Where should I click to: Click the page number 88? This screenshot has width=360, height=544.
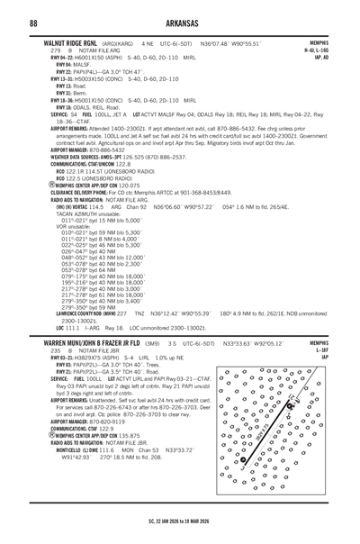[32, 23]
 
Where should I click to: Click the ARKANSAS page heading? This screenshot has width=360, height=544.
[180, 23]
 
